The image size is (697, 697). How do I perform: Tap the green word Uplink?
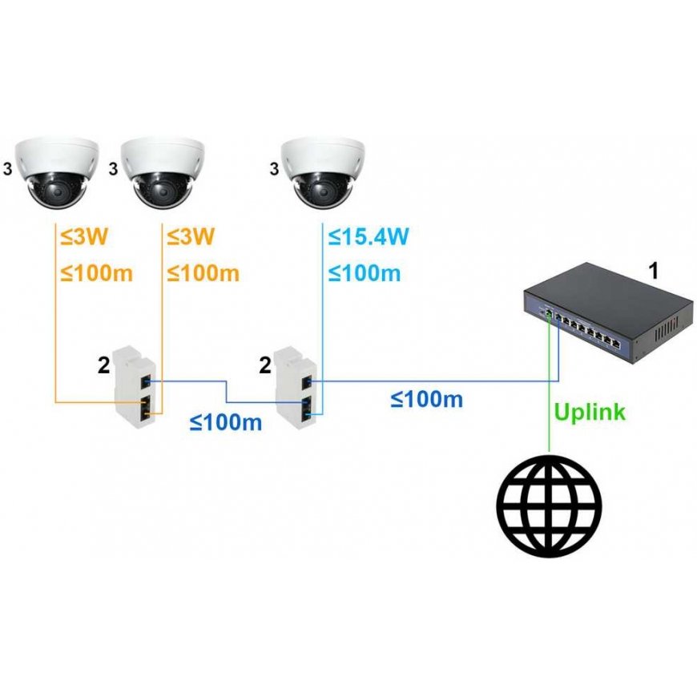point(590,413)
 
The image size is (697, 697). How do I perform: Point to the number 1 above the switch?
point(653,271)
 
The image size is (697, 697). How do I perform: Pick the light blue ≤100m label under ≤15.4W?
point(365,273)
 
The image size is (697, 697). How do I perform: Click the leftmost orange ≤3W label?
point(84,237)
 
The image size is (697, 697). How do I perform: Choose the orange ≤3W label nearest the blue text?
point(191,237)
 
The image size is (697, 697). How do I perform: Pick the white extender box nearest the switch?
point(296,382)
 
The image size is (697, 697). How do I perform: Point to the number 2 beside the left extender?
point(103,365)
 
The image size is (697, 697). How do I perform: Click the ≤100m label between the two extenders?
point(226,422)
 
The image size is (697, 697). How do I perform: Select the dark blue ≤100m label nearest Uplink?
point(427,399)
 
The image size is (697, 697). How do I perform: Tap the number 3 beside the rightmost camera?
point(274,169)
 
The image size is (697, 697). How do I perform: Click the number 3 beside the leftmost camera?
point(8,169)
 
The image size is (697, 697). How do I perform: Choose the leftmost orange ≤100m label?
point(96,273)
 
